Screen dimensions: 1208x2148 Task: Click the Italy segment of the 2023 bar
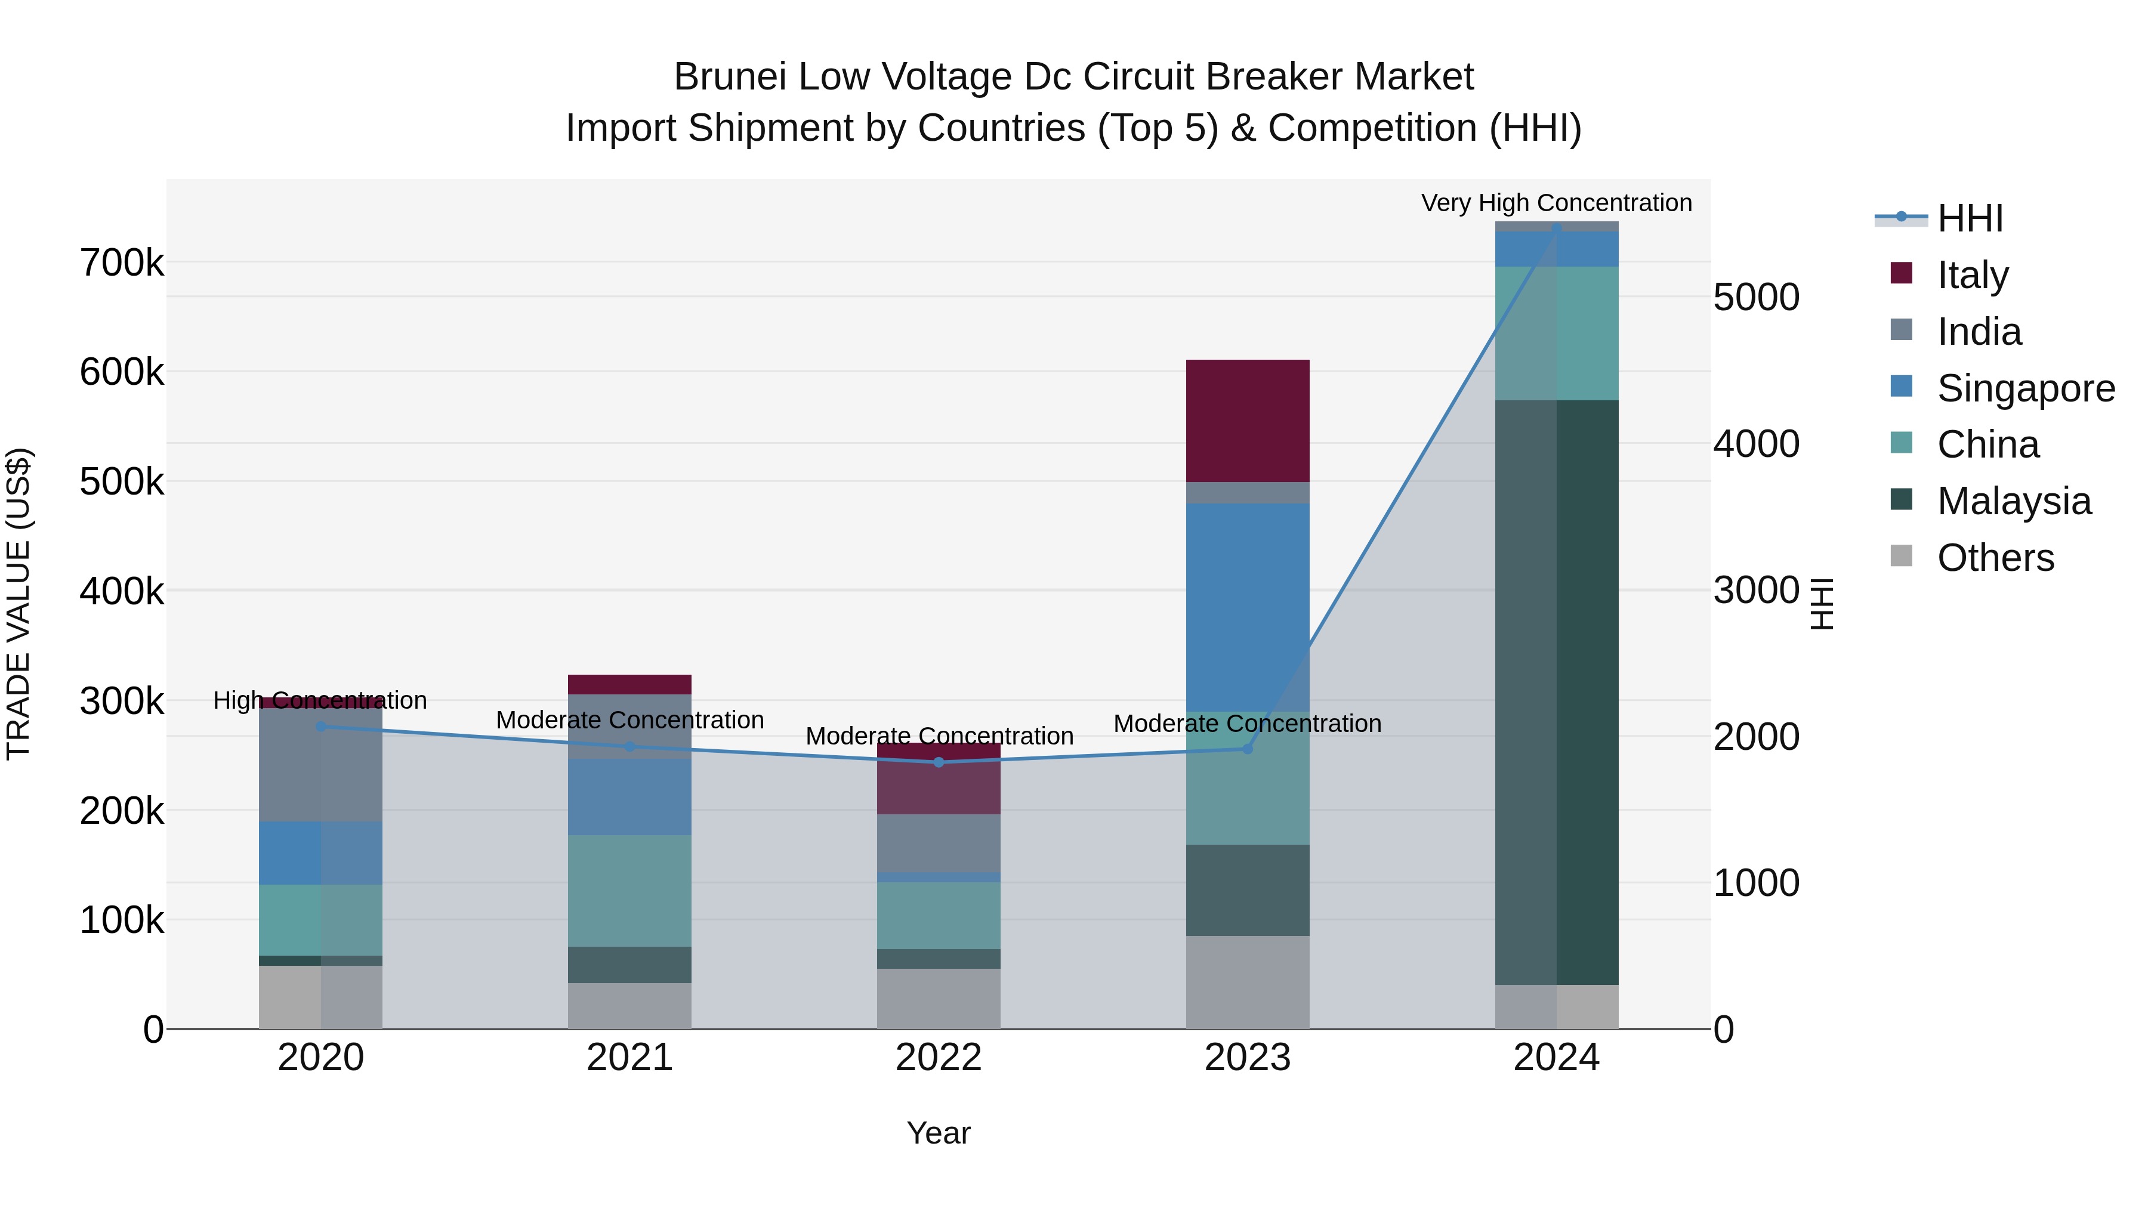1248,421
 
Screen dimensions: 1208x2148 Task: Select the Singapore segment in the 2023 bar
1248,607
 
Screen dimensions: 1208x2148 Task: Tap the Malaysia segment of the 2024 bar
1556,692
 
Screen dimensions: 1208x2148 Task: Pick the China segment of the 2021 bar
629,891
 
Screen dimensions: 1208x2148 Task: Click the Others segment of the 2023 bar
1248,982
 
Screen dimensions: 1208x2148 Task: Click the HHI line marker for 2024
1556,228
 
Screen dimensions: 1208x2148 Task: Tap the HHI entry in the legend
1970,218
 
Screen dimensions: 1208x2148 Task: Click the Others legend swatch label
1995,558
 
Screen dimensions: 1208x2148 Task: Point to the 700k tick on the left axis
122,264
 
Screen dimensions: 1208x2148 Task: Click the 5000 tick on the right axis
1756,298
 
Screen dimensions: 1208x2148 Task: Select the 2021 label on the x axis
629,1058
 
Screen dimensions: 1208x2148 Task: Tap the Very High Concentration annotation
1556,203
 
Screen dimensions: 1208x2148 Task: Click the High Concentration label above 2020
320,700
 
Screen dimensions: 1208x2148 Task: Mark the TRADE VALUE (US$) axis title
18,604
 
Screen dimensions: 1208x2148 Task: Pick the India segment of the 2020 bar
320,765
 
